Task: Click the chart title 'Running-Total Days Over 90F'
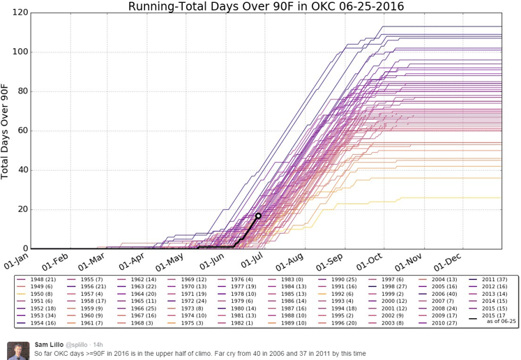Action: [x=266, y=6]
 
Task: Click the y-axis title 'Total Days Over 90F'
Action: [x=6, y=130]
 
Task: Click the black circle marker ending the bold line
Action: [x=258, y=216]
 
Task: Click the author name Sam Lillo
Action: [x=50, y=345]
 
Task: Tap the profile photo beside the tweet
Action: [x=17, y=350]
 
